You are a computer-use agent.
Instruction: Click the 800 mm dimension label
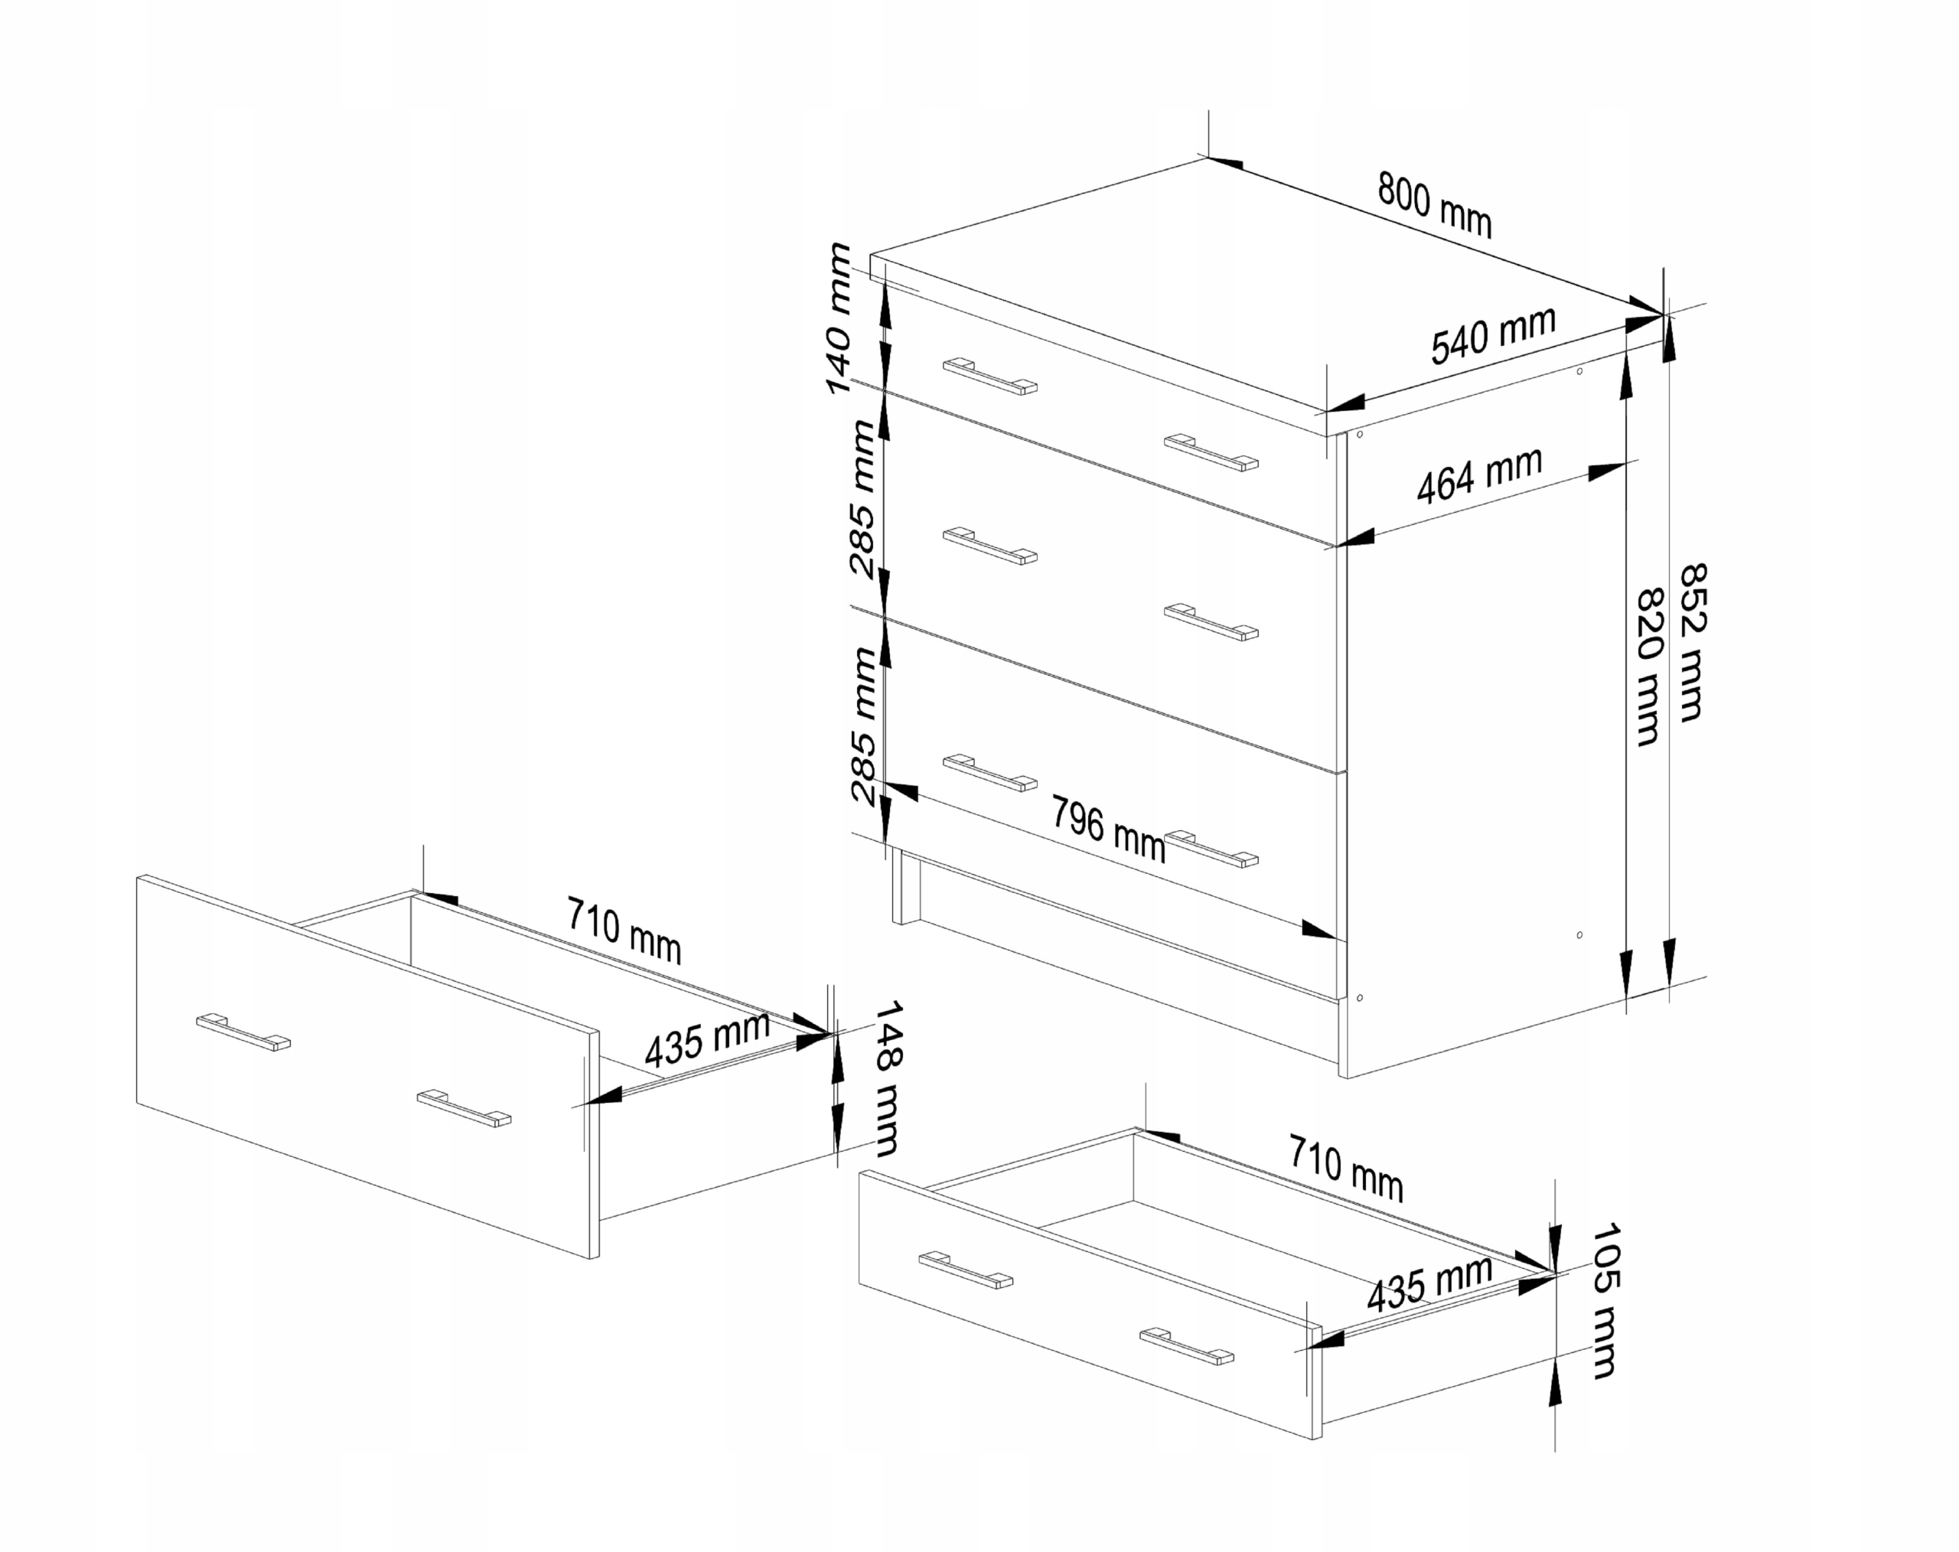click(x=1434, y=204)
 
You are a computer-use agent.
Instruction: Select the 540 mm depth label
click(x=1493, y=334)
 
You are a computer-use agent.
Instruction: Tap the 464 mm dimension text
click(x=1479, y=474)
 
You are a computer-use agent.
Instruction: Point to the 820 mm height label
click(x=1648, y=667)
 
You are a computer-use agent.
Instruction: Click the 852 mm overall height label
click(x=1692, y=642)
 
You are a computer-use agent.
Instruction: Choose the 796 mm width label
click(x=1107, y=828)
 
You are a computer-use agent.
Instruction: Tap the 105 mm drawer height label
click(x=1605, y=1299)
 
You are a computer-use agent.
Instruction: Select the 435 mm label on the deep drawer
click(x=707, y=1038)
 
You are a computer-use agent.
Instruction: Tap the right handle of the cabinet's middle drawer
click(x=1211, y=621)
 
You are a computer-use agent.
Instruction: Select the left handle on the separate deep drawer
click(x=243, y=1032)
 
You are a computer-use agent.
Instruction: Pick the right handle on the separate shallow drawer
click(x=1187, y=1345)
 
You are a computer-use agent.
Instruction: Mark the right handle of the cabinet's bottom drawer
click(x=1211, y=848)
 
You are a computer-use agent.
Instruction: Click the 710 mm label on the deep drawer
click(x=624, y=928)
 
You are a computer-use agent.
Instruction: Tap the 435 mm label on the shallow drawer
click(x=1429, y=1282)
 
